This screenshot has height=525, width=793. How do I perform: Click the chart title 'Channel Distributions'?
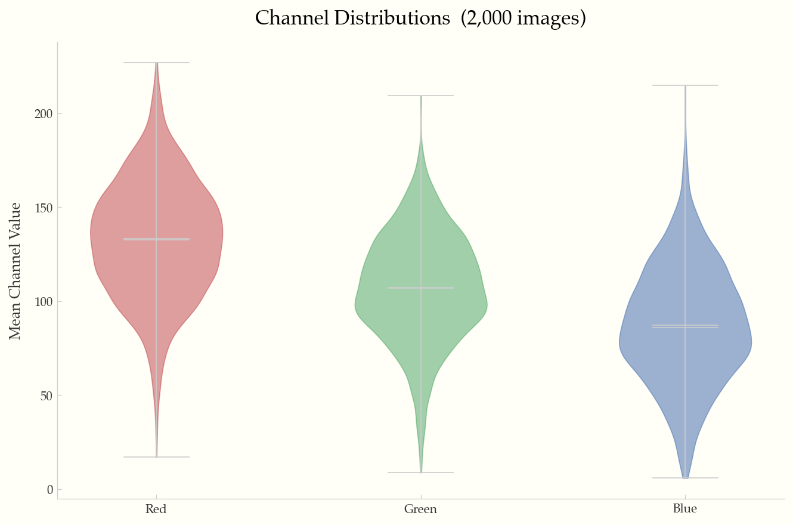[x=352, y=18]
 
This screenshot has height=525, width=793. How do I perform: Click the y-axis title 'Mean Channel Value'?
[x=16, y=271]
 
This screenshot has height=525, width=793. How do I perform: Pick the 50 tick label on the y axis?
[x=47, y=396]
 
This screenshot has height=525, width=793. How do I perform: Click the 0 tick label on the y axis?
[x=50, y=490]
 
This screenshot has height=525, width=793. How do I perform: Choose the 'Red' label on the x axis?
[x=156, y=509]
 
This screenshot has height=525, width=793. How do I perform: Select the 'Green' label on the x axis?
[x=420, y=509]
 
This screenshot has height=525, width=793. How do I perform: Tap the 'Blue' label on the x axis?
[x=684, y=509]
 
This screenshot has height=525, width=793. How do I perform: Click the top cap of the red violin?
[x=156, y=63]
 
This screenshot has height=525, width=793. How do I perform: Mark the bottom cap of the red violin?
[x=156, y=457]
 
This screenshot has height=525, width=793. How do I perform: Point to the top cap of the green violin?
[x=421, y=95]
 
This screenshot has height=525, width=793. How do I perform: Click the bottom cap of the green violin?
[x=421, y=472]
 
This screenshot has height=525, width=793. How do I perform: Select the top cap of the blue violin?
[x=685, y=85]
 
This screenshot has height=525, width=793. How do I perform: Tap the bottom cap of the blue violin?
[x=685, y=478]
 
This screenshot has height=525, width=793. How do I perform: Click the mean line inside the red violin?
[x=156, y=239]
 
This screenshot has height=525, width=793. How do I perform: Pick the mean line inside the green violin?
[x=421, y=288]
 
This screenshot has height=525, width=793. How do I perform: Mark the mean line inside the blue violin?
[x=685, y=325]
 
